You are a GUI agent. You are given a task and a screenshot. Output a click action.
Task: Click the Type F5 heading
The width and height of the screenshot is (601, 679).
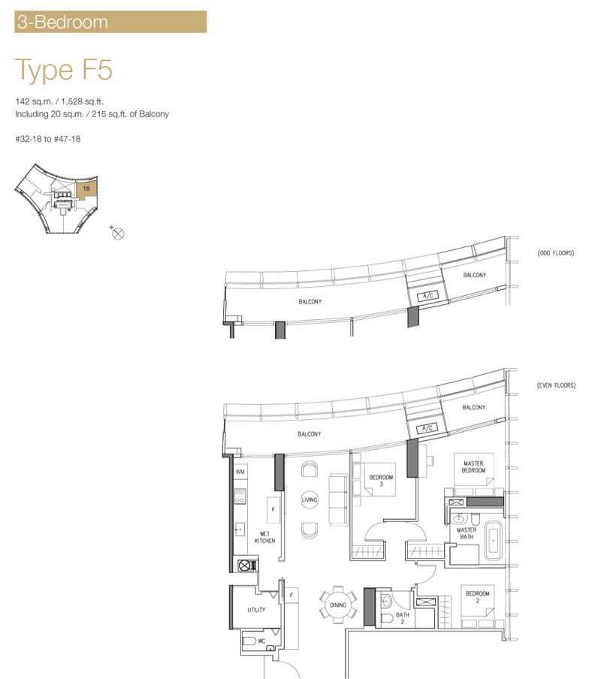pyautogui.click(x=64, y=70)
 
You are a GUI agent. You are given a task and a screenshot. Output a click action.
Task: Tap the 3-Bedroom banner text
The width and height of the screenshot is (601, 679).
pyautogui.click(x=62, y=22)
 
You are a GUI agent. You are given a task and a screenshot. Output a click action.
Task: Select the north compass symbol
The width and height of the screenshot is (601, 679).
pyautogui.click(x=118, y=234)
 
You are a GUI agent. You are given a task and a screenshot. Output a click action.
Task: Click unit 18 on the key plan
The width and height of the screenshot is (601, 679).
pyautogui.click(x=86, y=189)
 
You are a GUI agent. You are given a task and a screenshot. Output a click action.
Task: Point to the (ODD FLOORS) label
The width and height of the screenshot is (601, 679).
pyautogui.click(x=556, y=253)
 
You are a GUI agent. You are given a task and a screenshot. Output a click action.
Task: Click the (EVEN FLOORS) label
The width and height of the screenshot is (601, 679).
pyautogui.click(x=557, y=385)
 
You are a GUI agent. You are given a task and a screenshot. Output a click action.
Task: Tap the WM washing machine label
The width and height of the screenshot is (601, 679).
pyautogui.click(x=240, y=472)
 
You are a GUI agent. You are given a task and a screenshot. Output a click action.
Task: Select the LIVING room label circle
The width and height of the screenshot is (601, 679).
pyautogui.click(x=310, y=499)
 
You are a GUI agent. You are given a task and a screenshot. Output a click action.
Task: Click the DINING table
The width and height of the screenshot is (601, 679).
pyautogui.click(x=338, y=605)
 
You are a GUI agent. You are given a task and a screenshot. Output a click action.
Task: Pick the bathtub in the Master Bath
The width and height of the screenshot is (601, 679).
pyautogui.click(x=494, y=541)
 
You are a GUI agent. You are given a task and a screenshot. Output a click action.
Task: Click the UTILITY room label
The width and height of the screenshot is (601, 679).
pyautogui.click(x=256, y=610)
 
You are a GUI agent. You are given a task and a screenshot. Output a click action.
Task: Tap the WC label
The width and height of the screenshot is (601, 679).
pyautogui.click(x=261, y=641)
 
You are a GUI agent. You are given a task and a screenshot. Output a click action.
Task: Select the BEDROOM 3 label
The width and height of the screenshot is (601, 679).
pyautogui.click(x=381, y=481)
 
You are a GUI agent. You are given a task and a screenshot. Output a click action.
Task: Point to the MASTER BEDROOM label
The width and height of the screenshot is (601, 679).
pyautogui.click(x=474, y=467)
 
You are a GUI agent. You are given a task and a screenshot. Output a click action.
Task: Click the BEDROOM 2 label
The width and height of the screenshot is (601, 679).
pyautogui.click(x=478, y=596)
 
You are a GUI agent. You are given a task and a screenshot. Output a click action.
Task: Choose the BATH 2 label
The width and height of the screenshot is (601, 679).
pyautogui.click(x=402, y=618)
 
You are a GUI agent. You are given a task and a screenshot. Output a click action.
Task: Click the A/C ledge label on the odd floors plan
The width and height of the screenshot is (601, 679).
pyautogui.click(x=427, y=296)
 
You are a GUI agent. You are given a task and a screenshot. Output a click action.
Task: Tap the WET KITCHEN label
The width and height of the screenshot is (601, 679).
pyautogui.click(x=264, y=537)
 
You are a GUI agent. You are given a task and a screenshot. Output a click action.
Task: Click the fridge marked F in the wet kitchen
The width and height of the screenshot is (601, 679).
pyautogui.click(x=273, y=510)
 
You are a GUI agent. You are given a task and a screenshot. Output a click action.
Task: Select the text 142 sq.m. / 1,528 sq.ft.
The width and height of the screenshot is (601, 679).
pyautogui.click(x=59, y=101)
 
